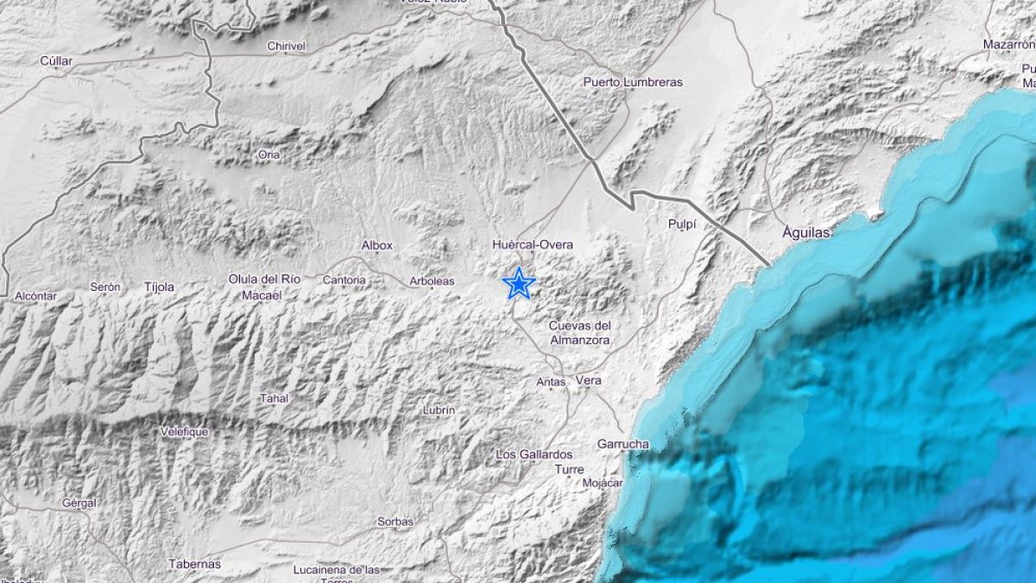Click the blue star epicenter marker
(519, 283)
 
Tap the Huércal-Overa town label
(533, 245)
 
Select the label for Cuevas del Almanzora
(580, 333)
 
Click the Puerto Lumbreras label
(633, 82)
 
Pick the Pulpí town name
(682, 224)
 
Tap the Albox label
(377, 245)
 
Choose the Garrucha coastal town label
(622, 444)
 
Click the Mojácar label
(603, 482)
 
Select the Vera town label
(588, 380)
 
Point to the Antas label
(551, 381)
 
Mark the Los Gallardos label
(534, 453)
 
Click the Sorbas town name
(395, 522)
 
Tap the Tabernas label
(194, 564)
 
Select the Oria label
(269, 155)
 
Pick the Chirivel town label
(287, 47)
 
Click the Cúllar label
(56, 60)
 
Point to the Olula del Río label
(264, 279)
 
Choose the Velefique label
(185, 432)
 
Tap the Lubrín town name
(439, 410)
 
